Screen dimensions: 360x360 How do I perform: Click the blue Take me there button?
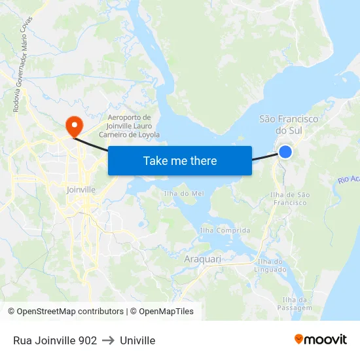coord(180,160)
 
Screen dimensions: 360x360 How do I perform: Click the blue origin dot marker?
coord(285,152)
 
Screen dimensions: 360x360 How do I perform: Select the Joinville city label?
coord(81,190)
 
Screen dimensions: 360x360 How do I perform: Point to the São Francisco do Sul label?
coord(289,124)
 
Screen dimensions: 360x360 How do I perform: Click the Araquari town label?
coord(202,259)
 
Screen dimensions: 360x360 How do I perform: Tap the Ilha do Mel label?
coord(183,193)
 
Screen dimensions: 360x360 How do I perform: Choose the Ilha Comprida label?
coord(225,230)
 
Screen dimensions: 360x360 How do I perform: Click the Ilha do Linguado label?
coord(272,265)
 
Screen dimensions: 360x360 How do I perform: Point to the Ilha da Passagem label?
coord(294,304)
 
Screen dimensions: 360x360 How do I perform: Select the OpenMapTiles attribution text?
coord(162,312)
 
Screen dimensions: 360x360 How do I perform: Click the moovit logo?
coord(320,339)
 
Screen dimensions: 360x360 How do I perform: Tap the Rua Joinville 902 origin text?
coord(55,340)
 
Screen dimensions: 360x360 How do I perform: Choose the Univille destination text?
coord(137,340)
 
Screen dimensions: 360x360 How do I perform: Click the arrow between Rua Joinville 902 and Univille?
coord(108,340)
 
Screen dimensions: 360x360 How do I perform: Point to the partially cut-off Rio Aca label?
coord(349,179)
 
